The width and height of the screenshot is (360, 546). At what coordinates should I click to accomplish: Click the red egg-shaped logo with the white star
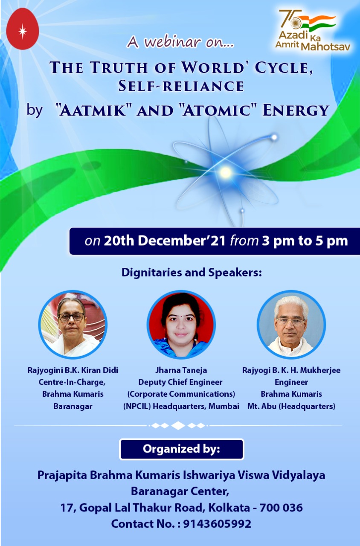coord(23,29)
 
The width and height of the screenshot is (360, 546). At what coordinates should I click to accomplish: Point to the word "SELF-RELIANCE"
coord(181,86)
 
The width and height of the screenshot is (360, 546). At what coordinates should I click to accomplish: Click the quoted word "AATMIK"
coord(93,110)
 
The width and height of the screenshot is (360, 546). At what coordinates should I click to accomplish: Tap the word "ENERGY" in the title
coord(296,110)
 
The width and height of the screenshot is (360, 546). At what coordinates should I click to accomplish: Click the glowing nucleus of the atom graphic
coord(225,172)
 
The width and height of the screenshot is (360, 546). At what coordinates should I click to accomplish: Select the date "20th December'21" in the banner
coord(165,241)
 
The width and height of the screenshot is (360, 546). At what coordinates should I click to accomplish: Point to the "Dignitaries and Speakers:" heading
coord(192,273)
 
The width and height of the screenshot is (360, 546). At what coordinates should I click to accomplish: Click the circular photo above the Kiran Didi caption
coord(73,325)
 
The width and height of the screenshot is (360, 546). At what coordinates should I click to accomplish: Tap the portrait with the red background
coord(181,325)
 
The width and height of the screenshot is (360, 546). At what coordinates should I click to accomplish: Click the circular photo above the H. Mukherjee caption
coord(291,325)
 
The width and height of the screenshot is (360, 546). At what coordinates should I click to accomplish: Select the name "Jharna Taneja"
coord(181,371)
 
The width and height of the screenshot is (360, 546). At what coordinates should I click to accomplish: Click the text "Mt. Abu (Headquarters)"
coord(291,407)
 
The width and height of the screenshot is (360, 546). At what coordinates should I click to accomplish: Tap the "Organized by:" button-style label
coord(182,449)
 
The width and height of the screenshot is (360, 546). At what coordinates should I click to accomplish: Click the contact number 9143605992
coord(217,523)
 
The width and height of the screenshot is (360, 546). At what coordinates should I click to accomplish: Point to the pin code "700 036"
coord(281,508)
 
